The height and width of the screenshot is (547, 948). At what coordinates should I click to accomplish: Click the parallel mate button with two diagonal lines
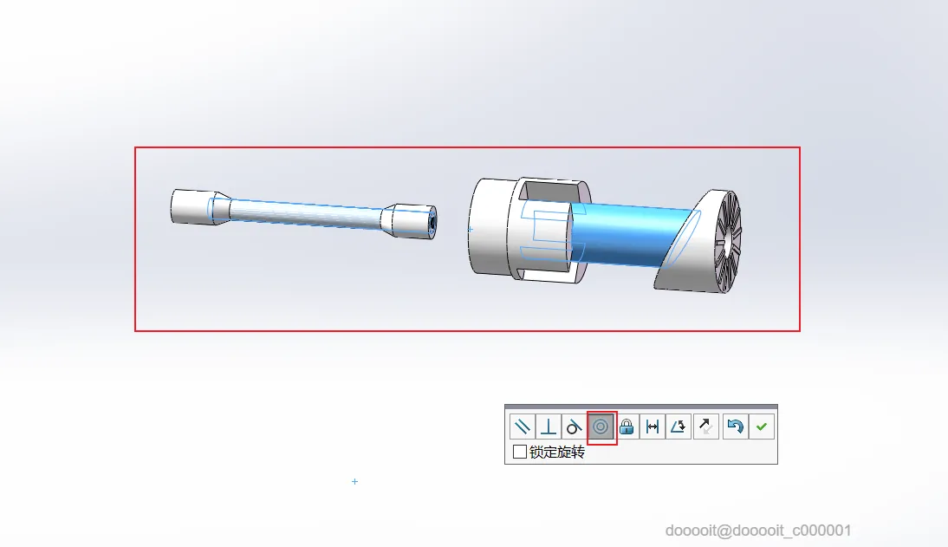tap(522, 427)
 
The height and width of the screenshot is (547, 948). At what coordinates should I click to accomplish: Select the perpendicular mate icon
tap(549, 427)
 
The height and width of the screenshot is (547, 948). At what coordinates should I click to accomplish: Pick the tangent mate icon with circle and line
tap(574, 427)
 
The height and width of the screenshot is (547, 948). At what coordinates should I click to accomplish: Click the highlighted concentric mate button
tap(601, 427)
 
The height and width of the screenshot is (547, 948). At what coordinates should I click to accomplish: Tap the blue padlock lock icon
tap(627, 427)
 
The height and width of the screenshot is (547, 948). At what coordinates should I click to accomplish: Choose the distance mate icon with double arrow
tap(653, 427)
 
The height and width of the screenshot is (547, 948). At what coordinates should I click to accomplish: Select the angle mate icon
tap(679, 427)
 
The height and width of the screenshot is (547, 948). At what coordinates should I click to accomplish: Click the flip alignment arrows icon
tap(705, 427)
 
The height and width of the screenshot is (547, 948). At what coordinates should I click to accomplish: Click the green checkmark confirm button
tap(761, 427)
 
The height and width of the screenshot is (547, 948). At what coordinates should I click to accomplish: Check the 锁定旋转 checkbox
tap(519, 452)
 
